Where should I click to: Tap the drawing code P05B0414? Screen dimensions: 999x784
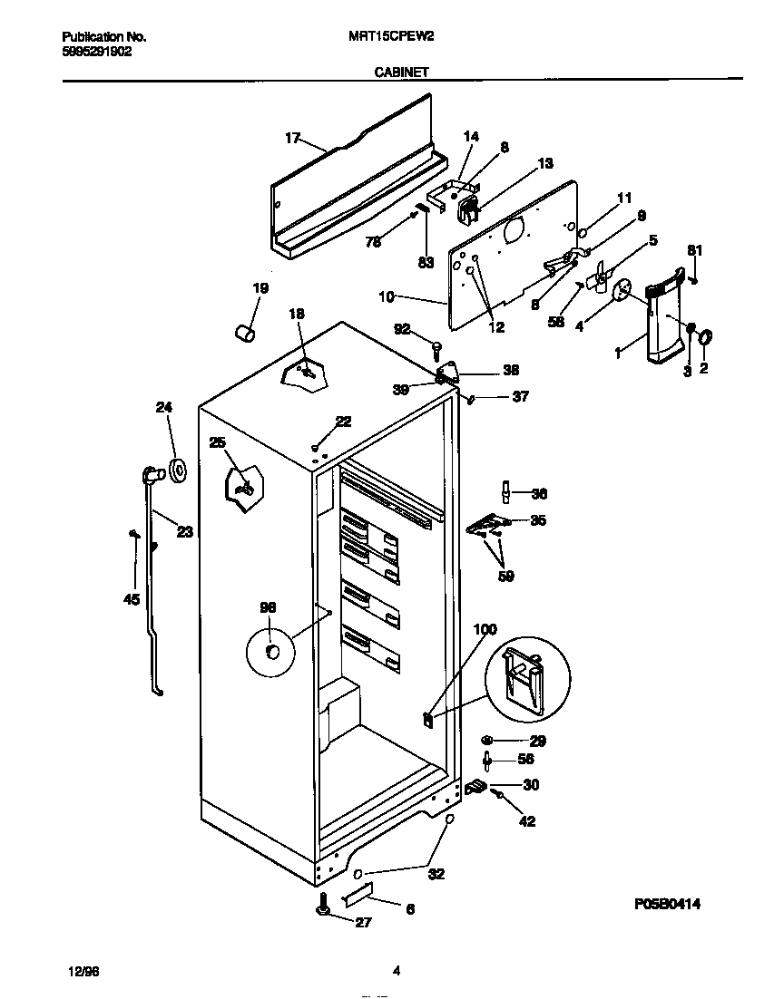click(667, 904)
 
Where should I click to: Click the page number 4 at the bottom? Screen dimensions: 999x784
click(397, 971)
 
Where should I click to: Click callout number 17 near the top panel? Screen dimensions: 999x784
click(292, 138)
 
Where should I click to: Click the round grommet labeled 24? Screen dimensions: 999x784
click(176, 470)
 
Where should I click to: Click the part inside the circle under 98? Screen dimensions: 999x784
click(271, 653)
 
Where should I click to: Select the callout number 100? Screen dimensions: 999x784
click(485, 629)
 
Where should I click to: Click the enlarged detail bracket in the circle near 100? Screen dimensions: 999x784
click(527, 676)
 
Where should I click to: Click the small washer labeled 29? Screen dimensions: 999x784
click(487, 741)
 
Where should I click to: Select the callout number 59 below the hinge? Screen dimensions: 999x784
click(506, 576)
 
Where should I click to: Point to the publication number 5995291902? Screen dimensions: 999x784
click(96, 52)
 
